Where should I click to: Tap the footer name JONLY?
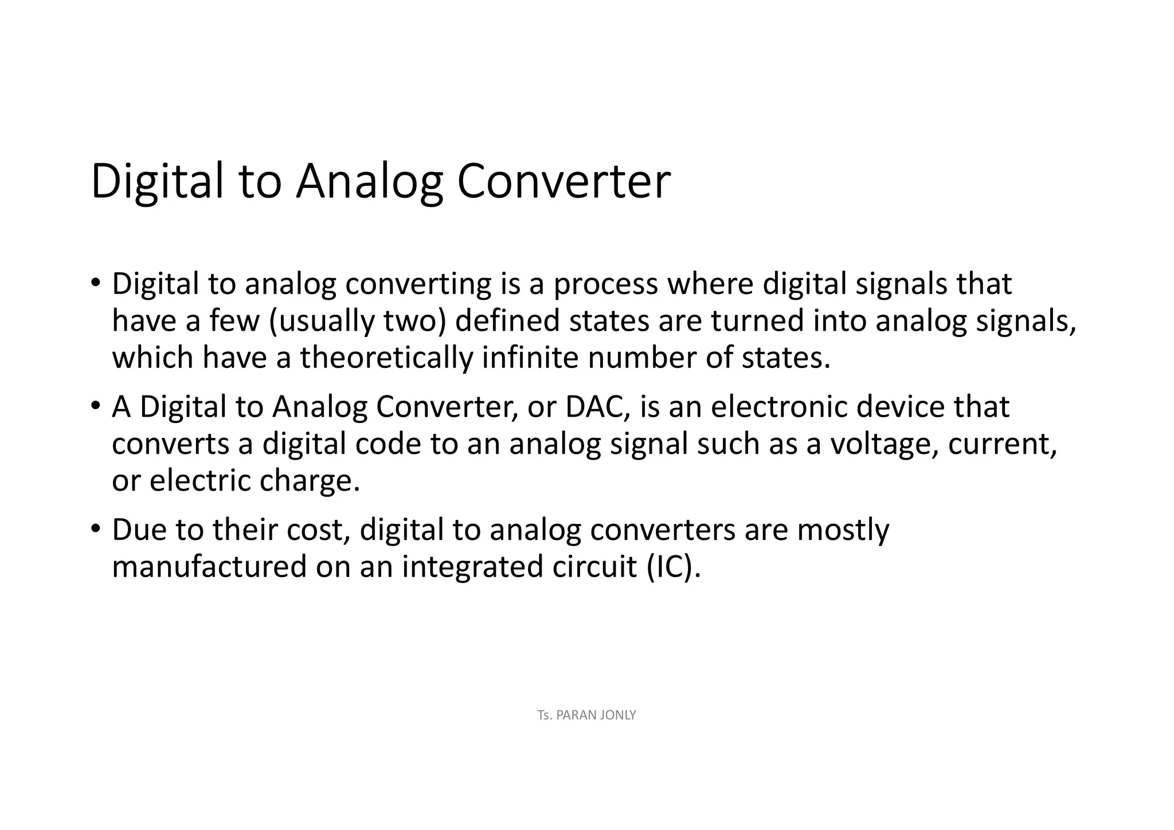[617, 715]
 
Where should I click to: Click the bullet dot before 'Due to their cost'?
[95, 528]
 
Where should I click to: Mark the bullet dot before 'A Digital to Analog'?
[95, 405]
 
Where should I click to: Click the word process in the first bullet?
[605, 284]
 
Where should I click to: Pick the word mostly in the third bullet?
[843, 530]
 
